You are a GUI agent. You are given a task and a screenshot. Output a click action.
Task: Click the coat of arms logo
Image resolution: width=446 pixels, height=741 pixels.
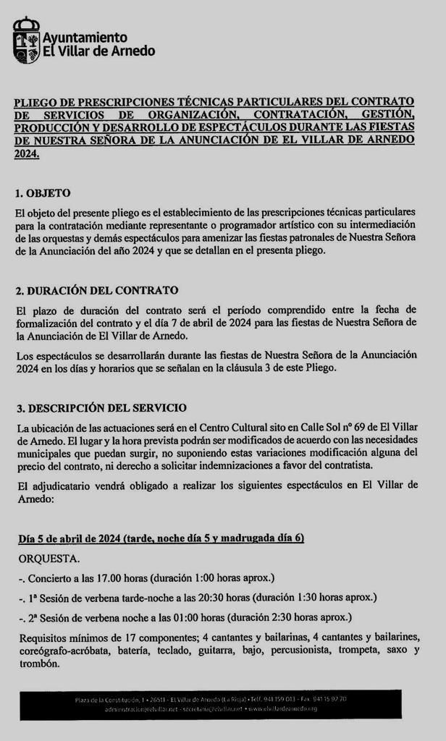(27, 41)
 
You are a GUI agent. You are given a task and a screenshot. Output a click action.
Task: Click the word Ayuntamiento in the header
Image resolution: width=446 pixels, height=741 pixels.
(85, 37)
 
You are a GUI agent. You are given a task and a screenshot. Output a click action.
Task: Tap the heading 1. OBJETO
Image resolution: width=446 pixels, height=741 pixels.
(43, 194)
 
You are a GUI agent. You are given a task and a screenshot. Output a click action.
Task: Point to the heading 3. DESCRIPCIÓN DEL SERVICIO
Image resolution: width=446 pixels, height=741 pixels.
(101, 408)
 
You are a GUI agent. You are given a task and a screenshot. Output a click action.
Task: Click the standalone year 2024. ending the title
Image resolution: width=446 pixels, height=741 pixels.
(27, 154)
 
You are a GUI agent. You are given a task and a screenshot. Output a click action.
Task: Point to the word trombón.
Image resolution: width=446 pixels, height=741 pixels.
(37, 664)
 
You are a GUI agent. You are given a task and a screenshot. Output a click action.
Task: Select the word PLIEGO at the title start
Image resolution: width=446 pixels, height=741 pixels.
(34, 101)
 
